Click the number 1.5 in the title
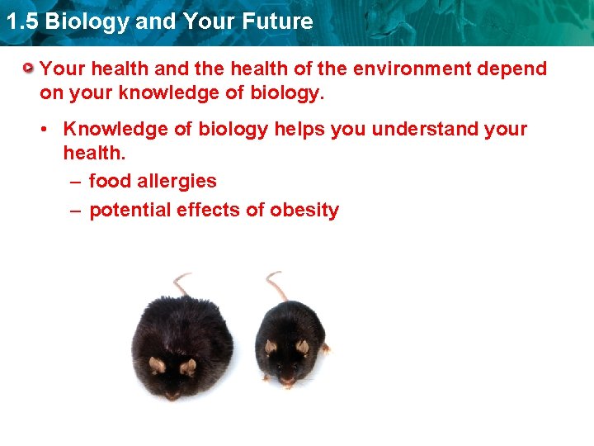click(x=21, y=21)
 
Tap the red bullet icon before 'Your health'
click(x=30, y=68)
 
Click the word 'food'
click(x=109, y=181)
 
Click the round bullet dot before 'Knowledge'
click(x=50, y=130)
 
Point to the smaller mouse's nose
click(x=286, y=381)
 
